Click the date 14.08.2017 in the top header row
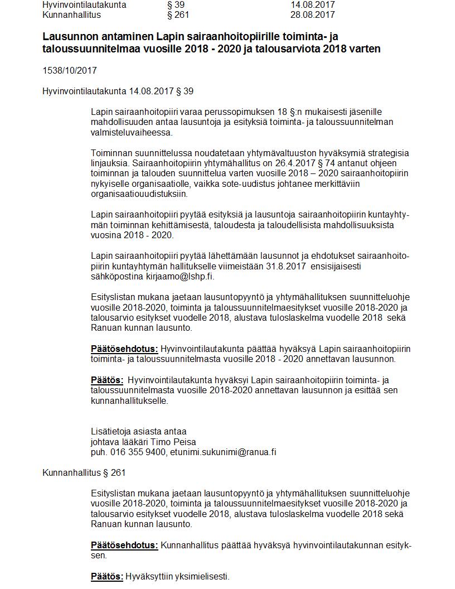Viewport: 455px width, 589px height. tap(312, 4)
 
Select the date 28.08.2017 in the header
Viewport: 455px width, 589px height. tap(312, 15)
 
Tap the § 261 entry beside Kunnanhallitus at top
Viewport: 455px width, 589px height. tap(178, 15)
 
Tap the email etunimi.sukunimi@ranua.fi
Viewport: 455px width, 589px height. tap(223, 452)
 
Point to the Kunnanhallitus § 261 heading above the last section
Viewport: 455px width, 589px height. tap(84, 473)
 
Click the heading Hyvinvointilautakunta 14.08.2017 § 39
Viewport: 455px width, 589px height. tap(118, 91)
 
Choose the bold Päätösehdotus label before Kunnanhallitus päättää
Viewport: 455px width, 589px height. tap(124, 545)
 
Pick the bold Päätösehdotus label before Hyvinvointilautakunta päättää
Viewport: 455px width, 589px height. tap(124, 349)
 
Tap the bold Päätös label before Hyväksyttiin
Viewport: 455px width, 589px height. tap(107, 577)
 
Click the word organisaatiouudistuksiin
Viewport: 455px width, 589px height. tap(139, 194)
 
